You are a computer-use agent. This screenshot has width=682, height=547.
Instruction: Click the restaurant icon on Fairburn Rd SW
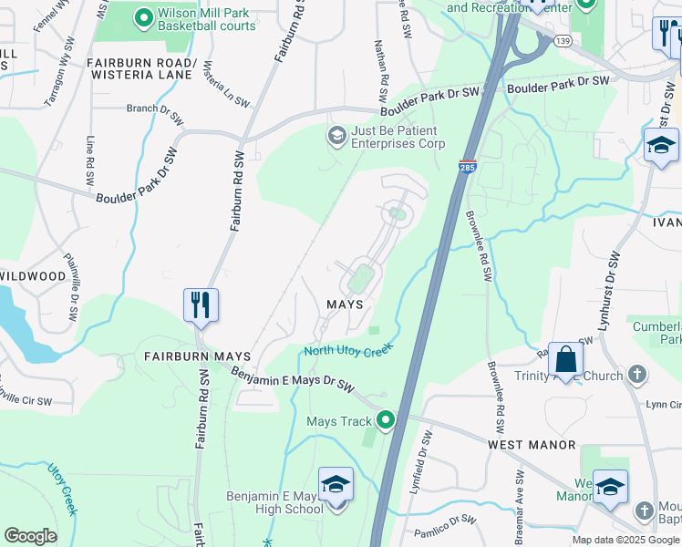click(201, 304)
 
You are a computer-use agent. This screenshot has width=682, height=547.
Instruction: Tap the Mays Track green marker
click(386, 420)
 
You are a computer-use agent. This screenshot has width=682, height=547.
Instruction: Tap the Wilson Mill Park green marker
click(143, 16)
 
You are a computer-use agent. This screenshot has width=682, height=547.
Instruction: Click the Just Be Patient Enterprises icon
click(336, 136)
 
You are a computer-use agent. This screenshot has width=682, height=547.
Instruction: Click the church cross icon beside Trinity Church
click(637, 375)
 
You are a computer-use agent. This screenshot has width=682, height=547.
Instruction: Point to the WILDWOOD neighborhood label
click(33, 275)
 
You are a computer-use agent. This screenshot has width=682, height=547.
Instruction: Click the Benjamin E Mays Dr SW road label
click(292, 379)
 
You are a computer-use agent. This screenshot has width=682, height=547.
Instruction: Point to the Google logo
click(30, 536)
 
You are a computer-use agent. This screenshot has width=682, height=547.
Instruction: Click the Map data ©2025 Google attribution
click(625, 540)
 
